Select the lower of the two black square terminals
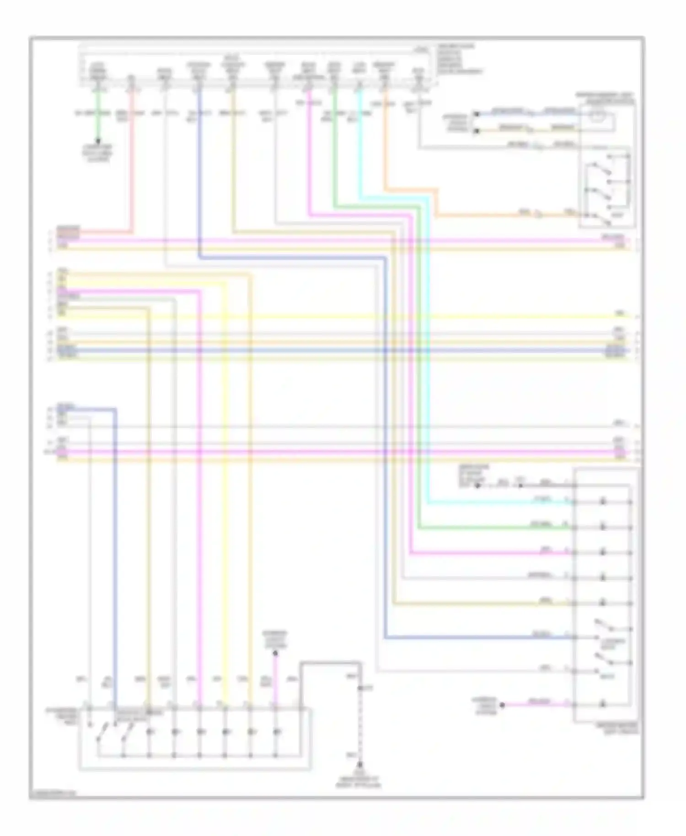tap(476, 131)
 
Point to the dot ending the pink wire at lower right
tap(502, 705)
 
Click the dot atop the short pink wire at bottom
tap(275, 654)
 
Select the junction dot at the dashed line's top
tap(361, 687)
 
